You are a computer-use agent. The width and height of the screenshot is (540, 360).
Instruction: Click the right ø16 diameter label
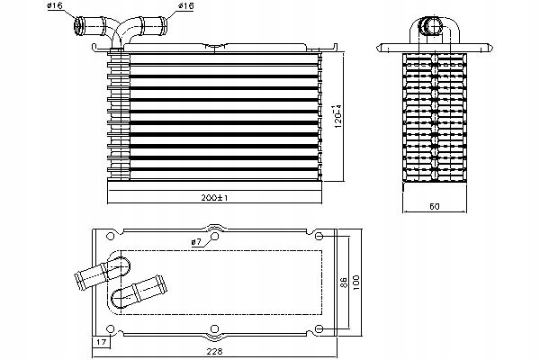point(186,7)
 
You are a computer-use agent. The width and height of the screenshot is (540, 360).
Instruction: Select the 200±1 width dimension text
point(214,196)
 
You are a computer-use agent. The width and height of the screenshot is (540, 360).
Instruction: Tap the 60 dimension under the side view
point(434,207)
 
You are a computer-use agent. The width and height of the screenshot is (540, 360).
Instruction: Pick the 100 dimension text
point(358,281)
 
